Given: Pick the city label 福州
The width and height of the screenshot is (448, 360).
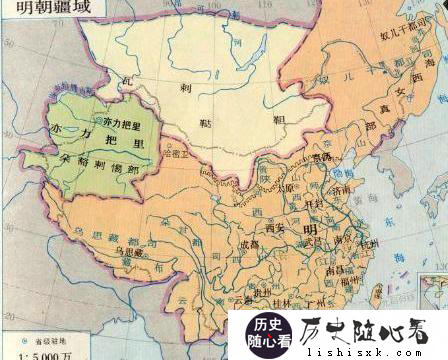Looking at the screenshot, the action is point(349,281).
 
